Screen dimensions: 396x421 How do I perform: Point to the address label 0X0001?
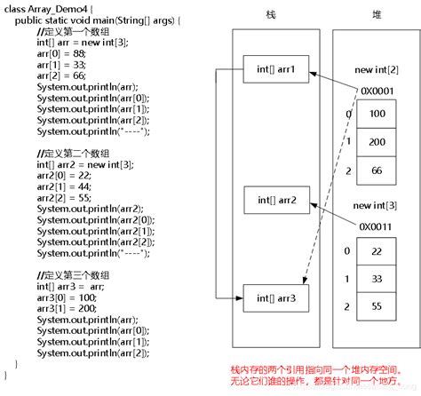(376, 90)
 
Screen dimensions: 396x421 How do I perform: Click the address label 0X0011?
(376, 226)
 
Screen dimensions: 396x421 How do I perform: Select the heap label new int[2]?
(376, 69)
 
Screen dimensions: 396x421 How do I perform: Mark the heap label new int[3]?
(376, 205)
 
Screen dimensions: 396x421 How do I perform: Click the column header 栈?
(271, 15)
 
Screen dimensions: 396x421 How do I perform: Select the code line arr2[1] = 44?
(63, 186)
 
